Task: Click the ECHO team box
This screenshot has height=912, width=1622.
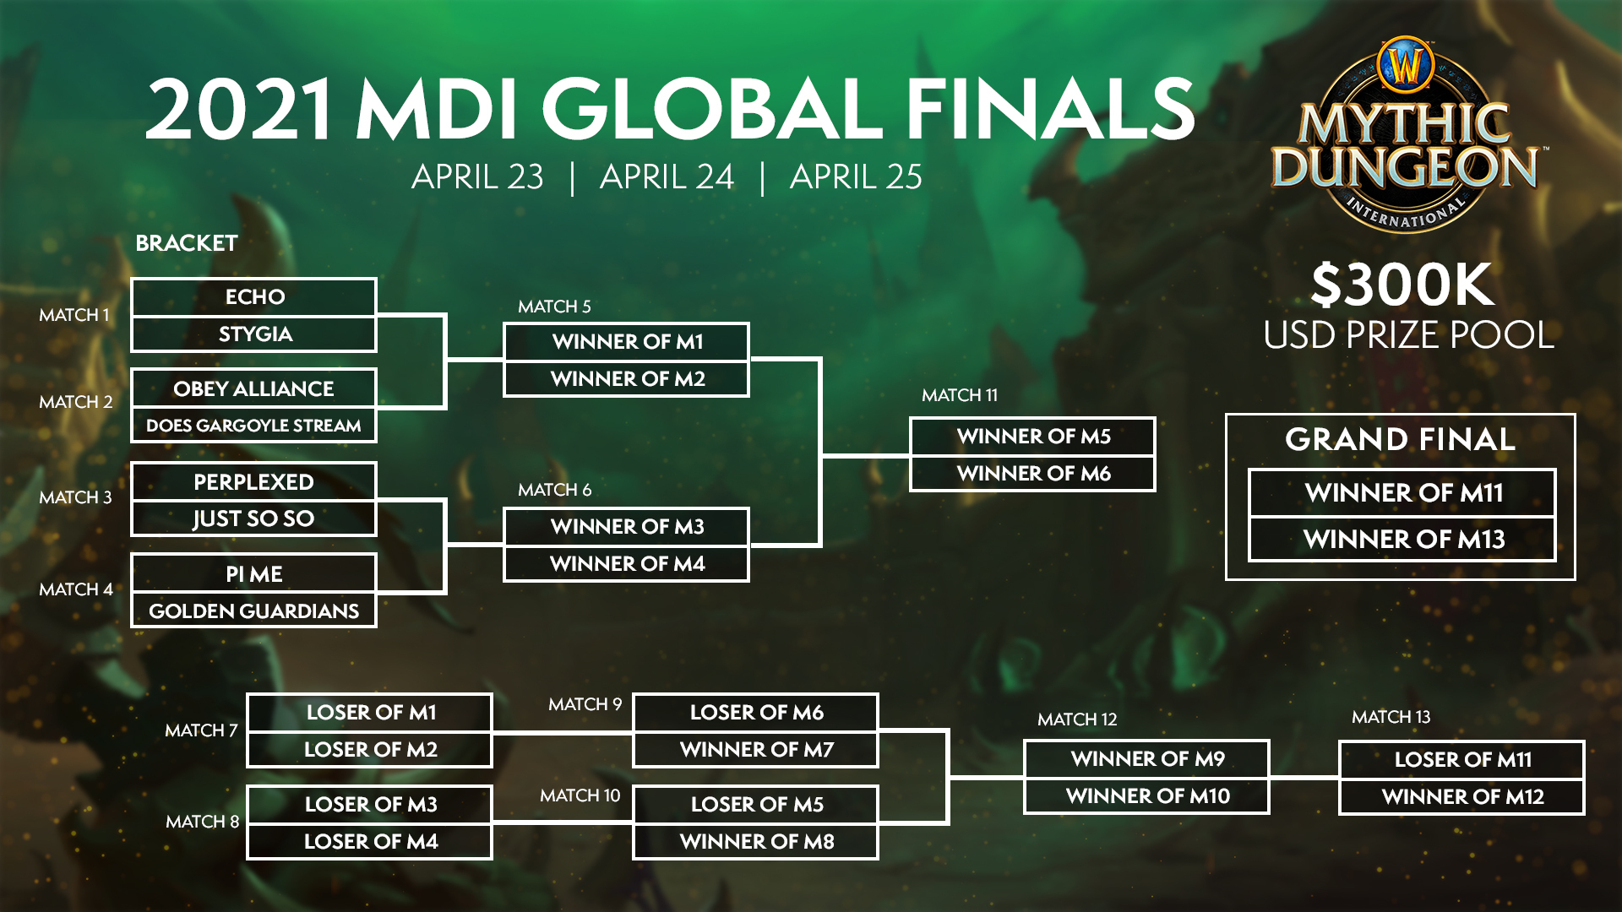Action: (x=253, y=297)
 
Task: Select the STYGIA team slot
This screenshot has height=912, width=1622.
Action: (x=253, y=334)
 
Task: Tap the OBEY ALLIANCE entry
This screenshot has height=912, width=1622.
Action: (x=253, y=388)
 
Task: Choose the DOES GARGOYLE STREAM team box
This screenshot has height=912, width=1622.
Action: (x=253, y=426)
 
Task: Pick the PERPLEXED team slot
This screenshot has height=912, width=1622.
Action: (x=253, y=481)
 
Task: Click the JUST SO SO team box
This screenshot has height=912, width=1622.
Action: (x=253, y=518)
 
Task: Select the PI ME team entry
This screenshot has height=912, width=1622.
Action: (x=253, y=574)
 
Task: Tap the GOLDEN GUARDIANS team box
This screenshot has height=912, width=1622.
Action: (x=253, y=611)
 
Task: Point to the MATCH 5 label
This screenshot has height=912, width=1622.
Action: (x=554, y=307)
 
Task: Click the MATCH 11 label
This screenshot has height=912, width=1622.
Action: (x=960, y=395)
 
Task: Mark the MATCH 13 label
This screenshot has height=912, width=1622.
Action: (x=1391, y=717)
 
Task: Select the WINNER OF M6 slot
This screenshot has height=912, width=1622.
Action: (x=1032, y=474)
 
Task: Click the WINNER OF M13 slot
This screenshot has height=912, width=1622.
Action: (x=1402, y=539)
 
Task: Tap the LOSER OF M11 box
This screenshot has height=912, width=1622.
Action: (x=1461, y=760)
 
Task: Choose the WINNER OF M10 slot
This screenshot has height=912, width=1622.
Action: (x=1146, y=796)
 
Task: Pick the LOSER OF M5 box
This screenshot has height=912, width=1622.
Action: (x=756, y=805)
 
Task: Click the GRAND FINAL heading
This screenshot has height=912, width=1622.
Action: (x=1400, y=439)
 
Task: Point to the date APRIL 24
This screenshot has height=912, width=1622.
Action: (x=667, y=177)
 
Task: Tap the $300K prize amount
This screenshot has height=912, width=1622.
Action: (x=1402, y=285)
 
